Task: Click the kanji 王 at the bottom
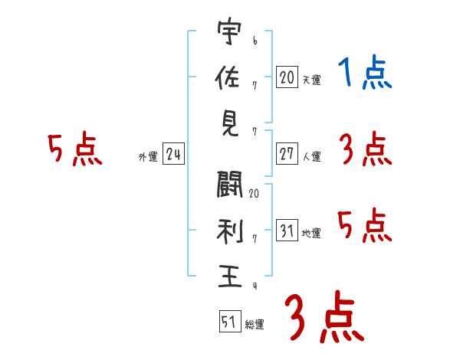[229, 276]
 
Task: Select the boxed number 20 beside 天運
[287, 77]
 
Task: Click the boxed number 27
[287, 154]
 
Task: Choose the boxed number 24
[173, 154]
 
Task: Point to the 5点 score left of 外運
[74, 150]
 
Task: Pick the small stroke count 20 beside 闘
[254, 193]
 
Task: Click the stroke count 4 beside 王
[254, 286]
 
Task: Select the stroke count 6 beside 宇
[254, 38]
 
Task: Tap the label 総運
[255, 325]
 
